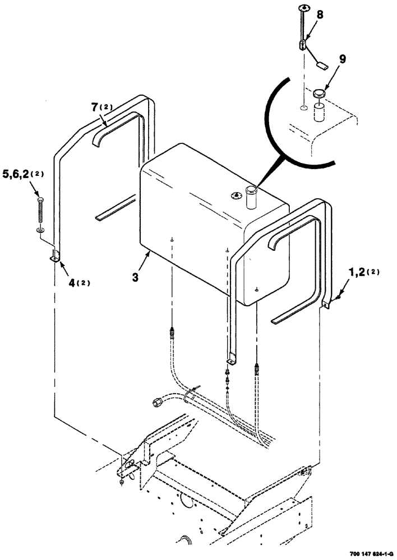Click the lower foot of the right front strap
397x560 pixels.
[230, 357]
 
